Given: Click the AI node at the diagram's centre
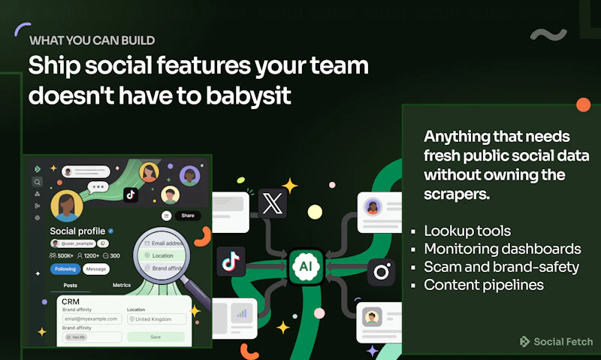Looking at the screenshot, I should coord(305,267).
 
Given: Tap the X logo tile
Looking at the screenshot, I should coord(273,204).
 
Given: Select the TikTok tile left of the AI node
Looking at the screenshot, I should coord(231,262).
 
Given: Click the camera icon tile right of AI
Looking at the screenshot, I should coord(381,271).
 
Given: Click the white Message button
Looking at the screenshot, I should coord(95,269).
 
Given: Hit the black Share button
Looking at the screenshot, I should coord(187,215).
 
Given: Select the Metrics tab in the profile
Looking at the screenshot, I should coord(122,286).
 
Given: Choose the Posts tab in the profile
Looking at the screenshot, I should coord(70,286).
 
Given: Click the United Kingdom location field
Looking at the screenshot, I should coord(156,319).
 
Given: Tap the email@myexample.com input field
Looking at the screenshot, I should coord(92,319).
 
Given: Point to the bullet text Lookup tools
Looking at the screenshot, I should coord(467,231).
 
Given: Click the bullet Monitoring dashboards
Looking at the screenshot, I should coord(502,249).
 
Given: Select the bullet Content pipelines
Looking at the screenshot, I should coord(484,285).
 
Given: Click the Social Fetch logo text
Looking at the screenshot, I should coord(563,342).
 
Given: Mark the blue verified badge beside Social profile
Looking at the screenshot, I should coord(111,231).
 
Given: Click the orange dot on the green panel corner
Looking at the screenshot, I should coord(582,105).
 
